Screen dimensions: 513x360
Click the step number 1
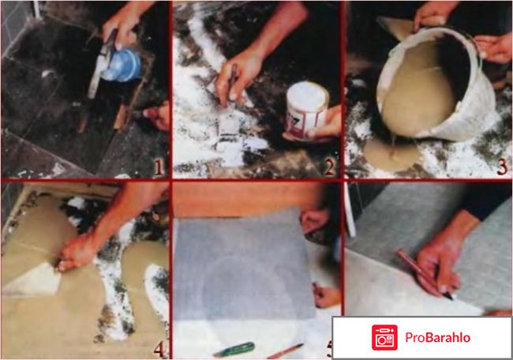click(x=159, y=167)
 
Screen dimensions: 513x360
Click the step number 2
click(x=329, y=167)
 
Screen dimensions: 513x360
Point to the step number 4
click(x=159, y=349)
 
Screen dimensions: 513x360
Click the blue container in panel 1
click(x=122, y=65)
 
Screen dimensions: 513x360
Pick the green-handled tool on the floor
click(x=234, y=350)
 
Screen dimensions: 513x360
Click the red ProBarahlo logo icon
click(x=384, y=337)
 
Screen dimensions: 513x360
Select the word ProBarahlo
click(x=438, y=337)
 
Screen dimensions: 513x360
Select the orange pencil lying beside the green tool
click(x=285, y=351)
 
